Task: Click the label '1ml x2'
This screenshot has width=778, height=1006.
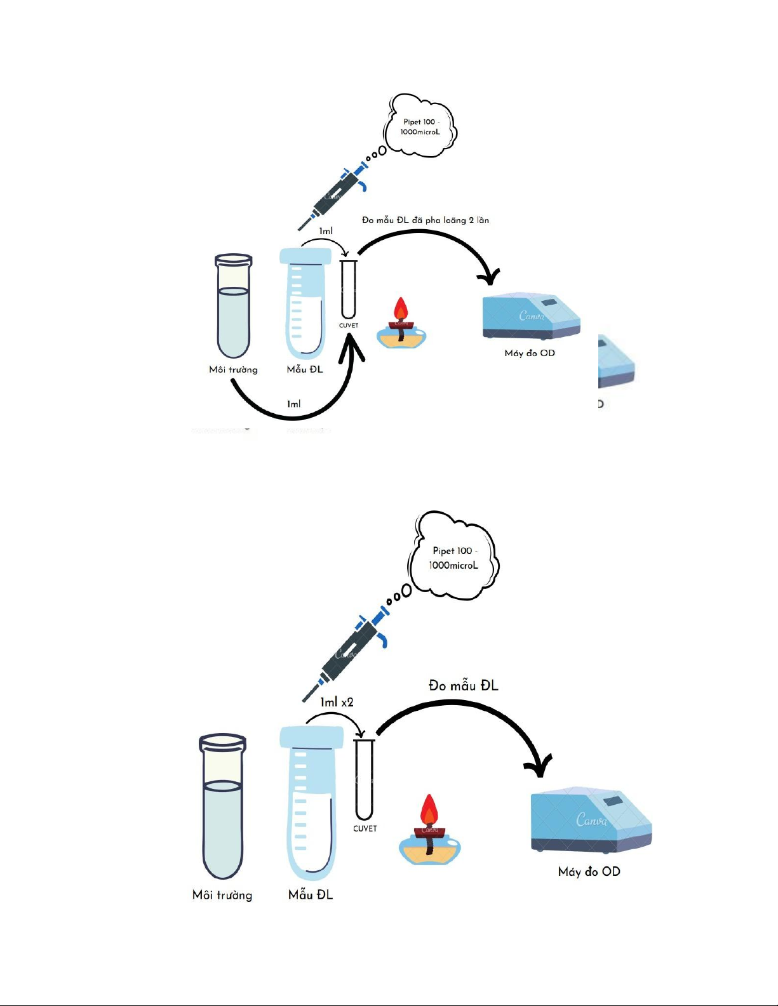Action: [337, 702]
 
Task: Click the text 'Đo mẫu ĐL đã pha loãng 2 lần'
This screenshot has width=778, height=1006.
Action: [426, 220]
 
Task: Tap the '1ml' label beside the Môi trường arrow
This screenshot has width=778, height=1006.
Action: [293, 404]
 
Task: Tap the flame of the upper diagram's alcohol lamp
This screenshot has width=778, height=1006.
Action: [400, 309]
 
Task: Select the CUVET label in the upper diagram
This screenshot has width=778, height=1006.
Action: [349, 326]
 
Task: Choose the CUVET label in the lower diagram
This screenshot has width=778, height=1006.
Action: [365, 828]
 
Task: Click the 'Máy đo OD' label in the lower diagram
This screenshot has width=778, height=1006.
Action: [589, 871]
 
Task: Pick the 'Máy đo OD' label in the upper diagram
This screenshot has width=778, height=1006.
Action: [530, 353]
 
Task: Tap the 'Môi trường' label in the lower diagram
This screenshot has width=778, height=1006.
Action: [222, 895]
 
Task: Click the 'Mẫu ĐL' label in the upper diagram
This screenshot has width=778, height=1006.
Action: [305, 369]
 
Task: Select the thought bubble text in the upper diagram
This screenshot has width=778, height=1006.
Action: [420, 127]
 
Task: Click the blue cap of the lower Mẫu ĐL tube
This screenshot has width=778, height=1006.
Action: [311, 737]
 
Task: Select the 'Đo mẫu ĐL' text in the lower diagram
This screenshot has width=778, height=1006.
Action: [464, 685]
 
